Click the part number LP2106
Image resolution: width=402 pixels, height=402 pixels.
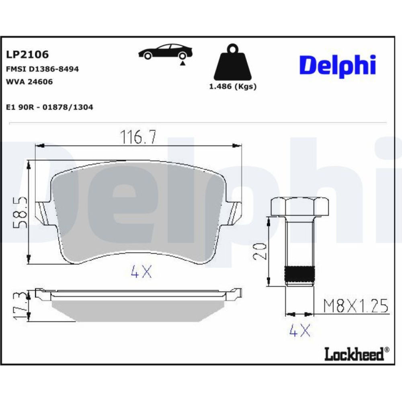27,54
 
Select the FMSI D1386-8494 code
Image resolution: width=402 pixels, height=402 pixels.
42,69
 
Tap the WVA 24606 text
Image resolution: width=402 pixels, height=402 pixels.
29,82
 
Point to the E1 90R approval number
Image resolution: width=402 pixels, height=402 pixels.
49,107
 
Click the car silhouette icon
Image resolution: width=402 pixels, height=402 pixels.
165,51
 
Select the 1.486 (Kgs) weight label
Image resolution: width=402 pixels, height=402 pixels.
233,87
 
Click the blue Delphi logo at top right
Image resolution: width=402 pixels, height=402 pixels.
338,66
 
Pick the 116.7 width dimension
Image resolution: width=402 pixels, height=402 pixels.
138,137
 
